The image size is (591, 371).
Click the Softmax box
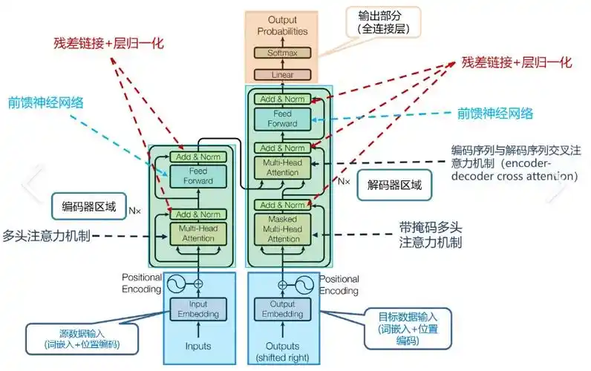(283, 53)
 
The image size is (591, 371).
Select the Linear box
(283, 74)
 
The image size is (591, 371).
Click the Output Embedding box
(282, 309)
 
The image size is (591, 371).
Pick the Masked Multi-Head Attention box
(283, 229)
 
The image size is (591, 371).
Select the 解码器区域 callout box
(394, 185)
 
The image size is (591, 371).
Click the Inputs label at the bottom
(197, 346)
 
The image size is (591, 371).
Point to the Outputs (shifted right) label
(282, 351)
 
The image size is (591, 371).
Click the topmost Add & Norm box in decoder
(283, 99)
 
